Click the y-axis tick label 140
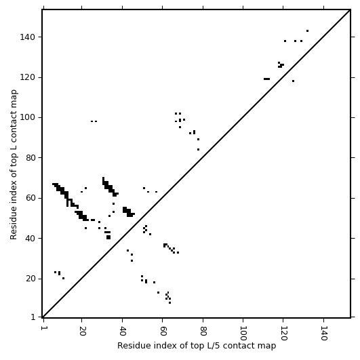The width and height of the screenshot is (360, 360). click(x=27, y=37)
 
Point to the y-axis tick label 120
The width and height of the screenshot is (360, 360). click(x=27, y=77)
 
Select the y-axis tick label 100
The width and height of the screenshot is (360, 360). click(x=27, y=117)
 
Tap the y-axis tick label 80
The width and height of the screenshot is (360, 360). click(x=30, y=158)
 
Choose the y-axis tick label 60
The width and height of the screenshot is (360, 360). click(x=30, y=198)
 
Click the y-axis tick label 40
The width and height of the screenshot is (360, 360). click(x=30, y=239)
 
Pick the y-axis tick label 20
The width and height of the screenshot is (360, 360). click(x=30, y=279)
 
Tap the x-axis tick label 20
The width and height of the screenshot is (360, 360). click(x=82, y=331)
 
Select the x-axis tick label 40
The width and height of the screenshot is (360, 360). click(x=123, y=331)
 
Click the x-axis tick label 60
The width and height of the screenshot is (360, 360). click(x=163, y=331)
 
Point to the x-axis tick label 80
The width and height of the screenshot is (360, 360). click(x=203, y=331)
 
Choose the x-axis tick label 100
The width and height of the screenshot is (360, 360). click(x=243, y=333)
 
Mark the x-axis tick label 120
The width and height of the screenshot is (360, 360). click(x=284, y=333)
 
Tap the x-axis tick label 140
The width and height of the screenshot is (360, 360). click(x=324, y=333)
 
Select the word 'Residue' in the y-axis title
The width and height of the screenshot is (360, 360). click(x=14, y=224)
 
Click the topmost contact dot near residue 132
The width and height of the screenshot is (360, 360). click(x=307, y=31)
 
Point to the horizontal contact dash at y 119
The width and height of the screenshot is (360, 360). click(x=267, y=79)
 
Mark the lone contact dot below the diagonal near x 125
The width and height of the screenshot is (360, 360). click(x=293, y=81)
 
